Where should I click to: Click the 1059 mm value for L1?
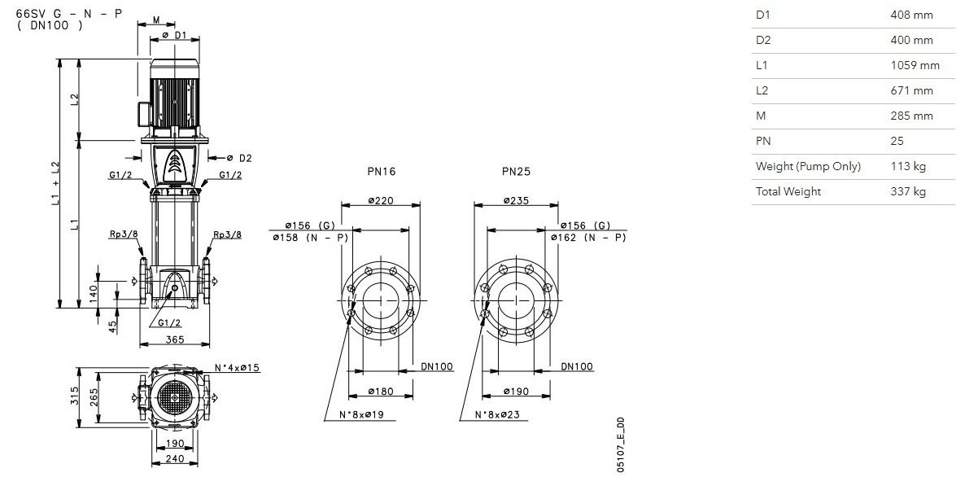(915, 66)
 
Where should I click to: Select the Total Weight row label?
(788, 192)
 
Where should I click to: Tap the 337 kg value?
(908, 192)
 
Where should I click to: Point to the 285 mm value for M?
(911, 116)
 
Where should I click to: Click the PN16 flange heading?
(381, 171)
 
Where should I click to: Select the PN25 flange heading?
(516, 171)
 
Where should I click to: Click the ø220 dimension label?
(381, 200)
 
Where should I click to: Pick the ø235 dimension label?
(516, 200)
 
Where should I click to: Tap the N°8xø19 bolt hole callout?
(361, 414)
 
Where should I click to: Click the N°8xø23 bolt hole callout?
(497, 414)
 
